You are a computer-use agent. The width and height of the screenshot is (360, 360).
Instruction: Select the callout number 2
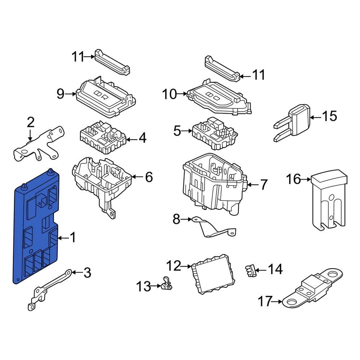pos(31,123)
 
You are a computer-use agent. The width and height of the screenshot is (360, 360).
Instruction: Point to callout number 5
pos(177,131)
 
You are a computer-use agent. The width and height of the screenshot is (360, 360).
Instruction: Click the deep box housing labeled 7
pos(212,185)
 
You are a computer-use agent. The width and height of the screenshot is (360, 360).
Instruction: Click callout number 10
pos(170,95)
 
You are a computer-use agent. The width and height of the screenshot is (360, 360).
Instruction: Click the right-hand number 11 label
pos(258,75)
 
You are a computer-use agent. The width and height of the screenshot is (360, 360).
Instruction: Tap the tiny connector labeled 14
pos(250,270)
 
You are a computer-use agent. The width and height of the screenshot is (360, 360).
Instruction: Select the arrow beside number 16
pos(306,179)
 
